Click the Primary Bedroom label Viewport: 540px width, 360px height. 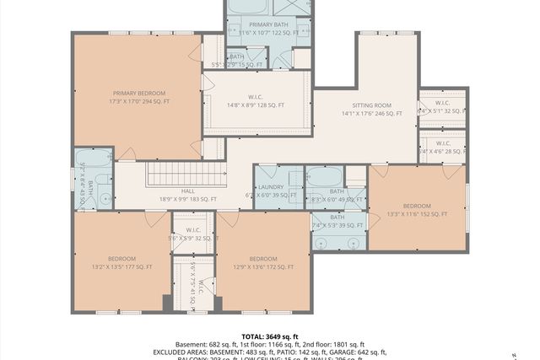[140, 92]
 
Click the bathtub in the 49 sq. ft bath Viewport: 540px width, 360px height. [324, 178]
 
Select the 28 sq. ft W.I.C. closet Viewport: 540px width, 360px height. [442, 144]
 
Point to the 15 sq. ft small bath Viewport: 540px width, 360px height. [236, 61]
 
